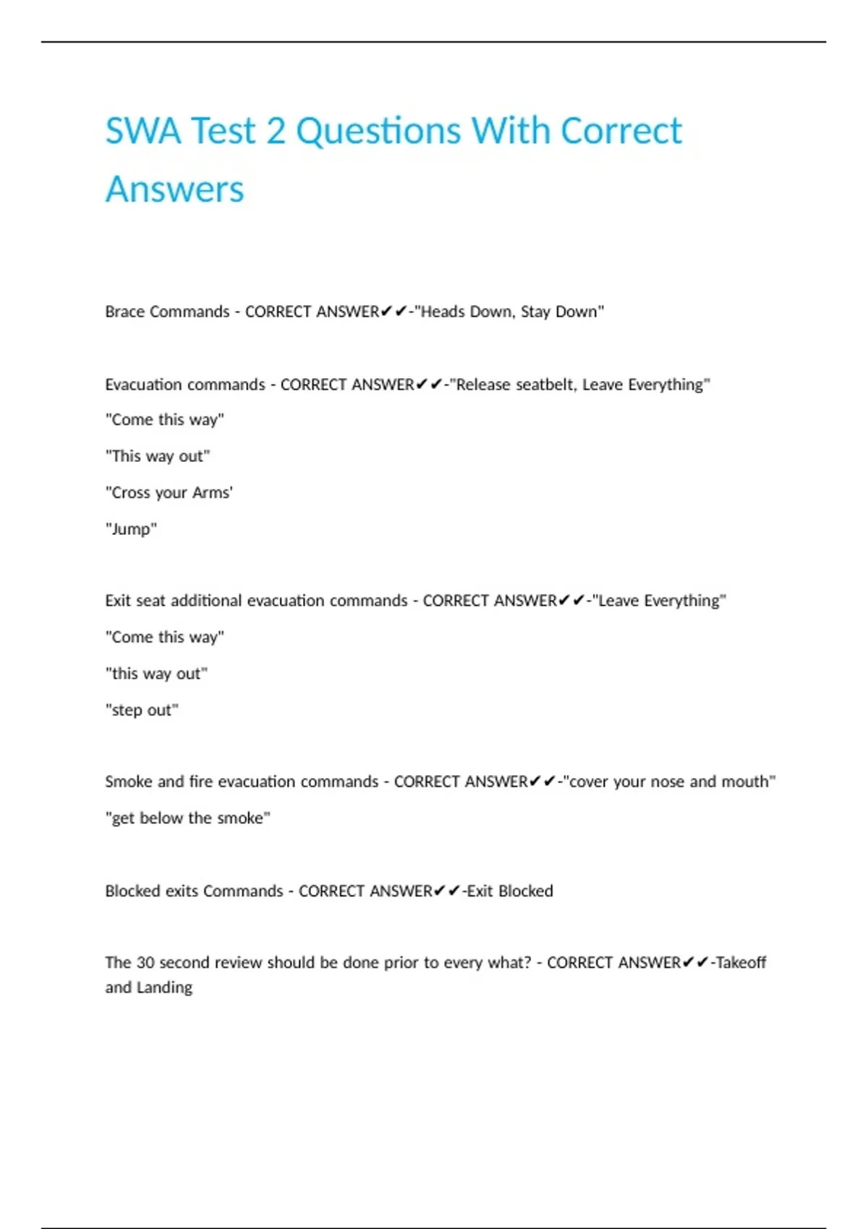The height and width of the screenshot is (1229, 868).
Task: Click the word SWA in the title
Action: pyautogui.click(x=142, y=132)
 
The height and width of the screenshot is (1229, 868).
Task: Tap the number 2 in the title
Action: pyautogui.click(x=276, y=132)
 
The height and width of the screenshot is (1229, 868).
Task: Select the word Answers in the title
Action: pyautogui.click(x=174, y=189)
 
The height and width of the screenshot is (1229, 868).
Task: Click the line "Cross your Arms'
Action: pyautogui.click(x=169, y=493)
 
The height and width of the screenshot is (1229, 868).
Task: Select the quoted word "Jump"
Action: pyautogui.click(x=131, y=529)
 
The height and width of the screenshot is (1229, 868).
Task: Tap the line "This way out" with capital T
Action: pyautogui.click(x=158, y=456)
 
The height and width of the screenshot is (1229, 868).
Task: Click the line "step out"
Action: pyautogui.click(x=142, y=710)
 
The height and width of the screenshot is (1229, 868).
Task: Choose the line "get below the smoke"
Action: pyautogui.click(x=187, y=818)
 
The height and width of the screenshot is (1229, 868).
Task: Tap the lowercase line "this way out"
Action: pyautogui.click(x=156, y=674)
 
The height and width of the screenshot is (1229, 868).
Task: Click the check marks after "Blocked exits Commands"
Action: pyautogui.click(x=446, y=891)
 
